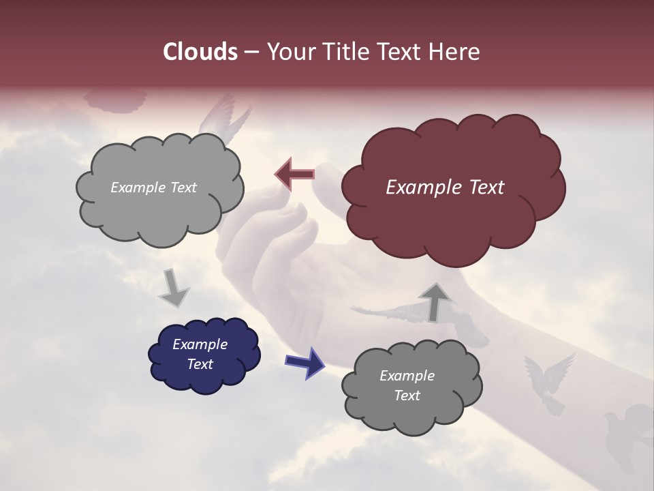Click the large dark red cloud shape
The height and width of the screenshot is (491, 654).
pyautogui.click(x=452, y=188)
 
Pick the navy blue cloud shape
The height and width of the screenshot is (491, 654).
pyautogui.click(x=204, y=355)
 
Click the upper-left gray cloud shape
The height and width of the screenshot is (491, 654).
pyautogui.click(x=159, y=188)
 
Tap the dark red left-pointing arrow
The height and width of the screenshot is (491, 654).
pyautogui.click(x=294, y=175)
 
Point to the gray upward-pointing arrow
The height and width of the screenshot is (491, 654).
pyautogui.click(x=435, y=301)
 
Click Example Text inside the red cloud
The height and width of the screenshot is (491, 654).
pyautogui.click(x=445, y=188)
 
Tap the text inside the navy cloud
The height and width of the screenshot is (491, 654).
pyautogui.click(x=200, y=354)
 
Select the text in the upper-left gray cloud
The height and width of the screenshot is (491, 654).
pyautogui.click(x=153, y=188)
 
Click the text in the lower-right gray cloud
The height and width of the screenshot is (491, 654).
pyautogui.click(x=407, y=385)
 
